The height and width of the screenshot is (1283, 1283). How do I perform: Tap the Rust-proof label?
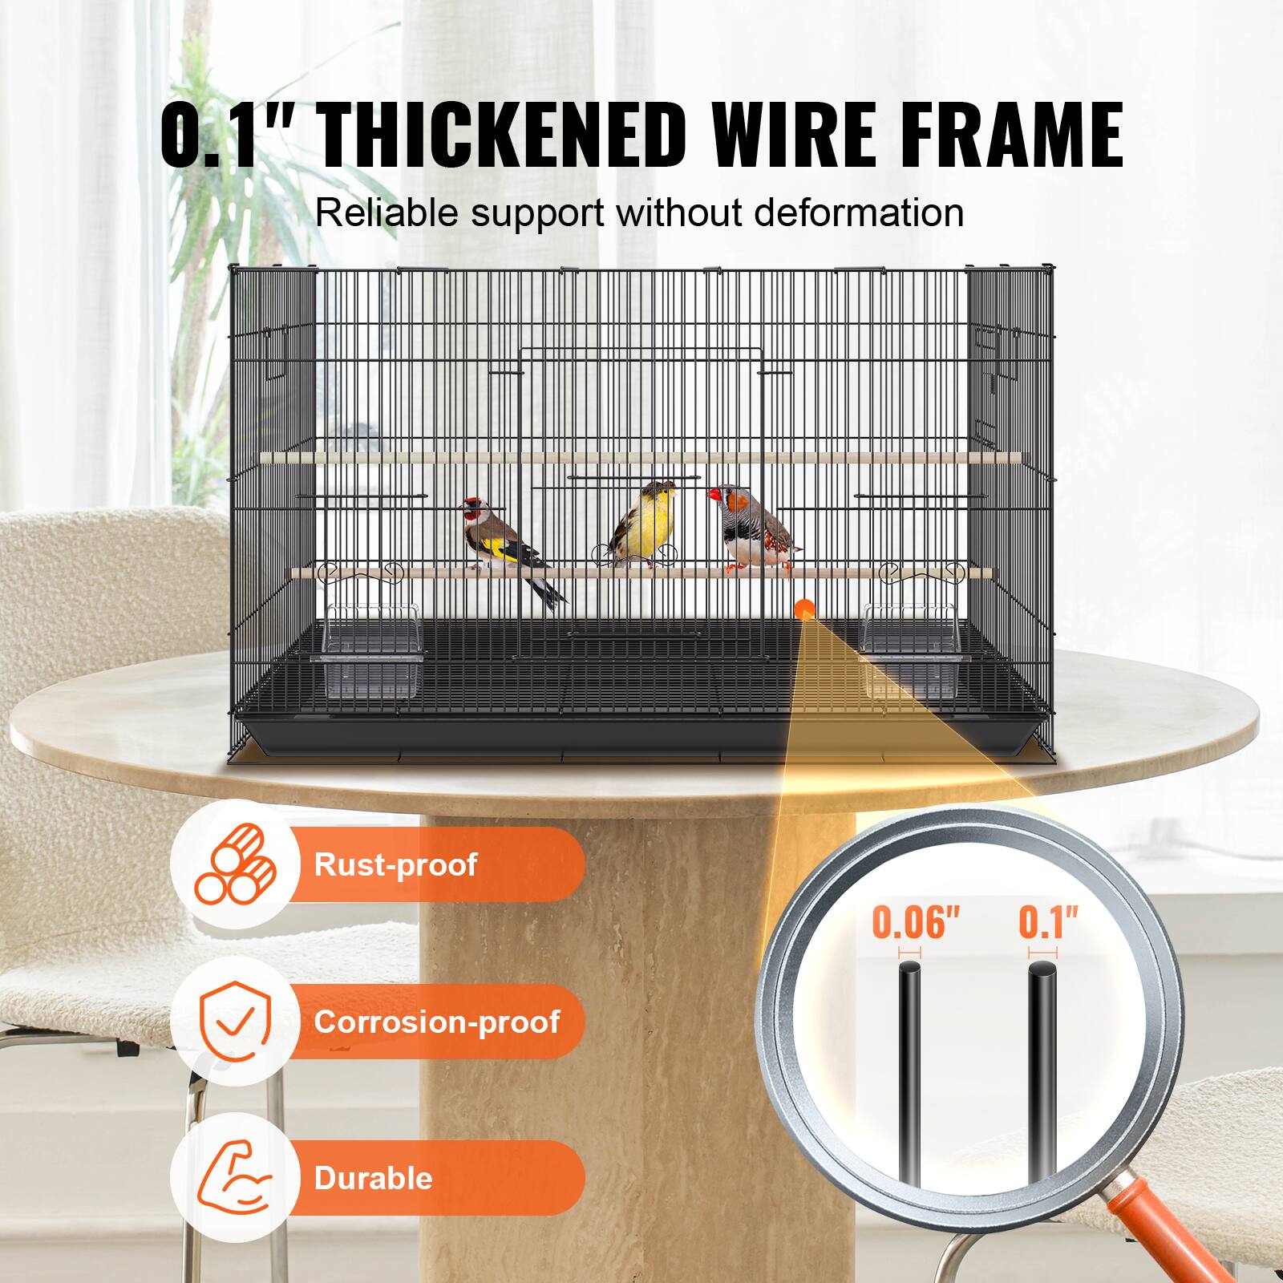point(395,864)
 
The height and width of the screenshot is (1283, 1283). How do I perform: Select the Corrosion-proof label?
point(436,1022)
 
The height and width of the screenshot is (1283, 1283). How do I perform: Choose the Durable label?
point(373,1178)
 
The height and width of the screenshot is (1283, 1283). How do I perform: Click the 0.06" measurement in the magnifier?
point(915,923)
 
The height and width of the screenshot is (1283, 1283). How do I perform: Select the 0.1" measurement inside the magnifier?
point(1048,923)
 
